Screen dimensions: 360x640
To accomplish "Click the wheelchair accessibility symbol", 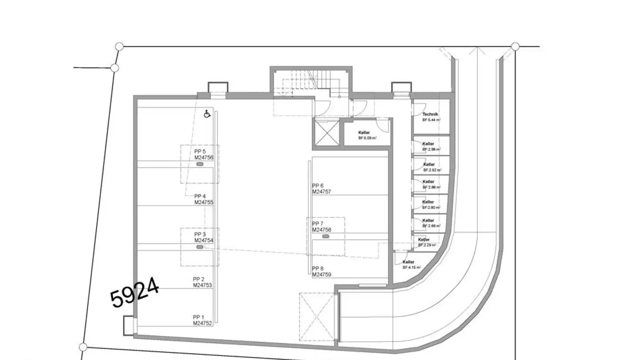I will pyautogui.click(x=207, y=114).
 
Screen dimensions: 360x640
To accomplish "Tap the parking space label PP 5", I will pyautogui.click(x=200, y=152).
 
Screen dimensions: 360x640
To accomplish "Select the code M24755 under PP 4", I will pyautogui.click(x=204, y=202).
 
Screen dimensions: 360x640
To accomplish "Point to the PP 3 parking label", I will pyautogui.click(x=200, y=234).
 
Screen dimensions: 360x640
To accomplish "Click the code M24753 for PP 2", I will pyautogui.click(x=203, y=285).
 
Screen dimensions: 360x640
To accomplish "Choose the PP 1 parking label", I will pyautogui.click(x=198, y=317).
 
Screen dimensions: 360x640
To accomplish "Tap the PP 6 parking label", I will pyautogui.click(x=318, y=186).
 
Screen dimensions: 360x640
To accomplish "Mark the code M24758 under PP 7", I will pyautogui.click(x=322, y=230).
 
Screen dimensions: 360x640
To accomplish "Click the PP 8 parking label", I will pyautogui.click(x=318, y=268).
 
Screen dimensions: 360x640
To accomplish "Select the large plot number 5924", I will pyautogui.click(x=135, y=292).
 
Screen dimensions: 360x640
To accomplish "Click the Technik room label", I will pyautogui.click(x=430, y=114).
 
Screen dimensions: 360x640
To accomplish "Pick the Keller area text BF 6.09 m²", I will pyautogui.click(x=368, y=138).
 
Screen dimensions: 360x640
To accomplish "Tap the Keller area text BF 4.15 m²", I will pyautogui.click(x=412, y=268).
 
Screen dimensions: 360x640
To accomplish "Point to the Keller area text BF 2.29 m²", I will pyautogui.click(x=427, y=245).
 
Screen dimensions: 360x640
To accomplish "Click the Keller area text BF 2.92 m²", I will pyautogui.click(x=432, y=170).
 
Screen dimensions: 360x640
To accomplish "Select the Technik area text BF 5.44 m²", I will pyautogui.click(x=431, y=120).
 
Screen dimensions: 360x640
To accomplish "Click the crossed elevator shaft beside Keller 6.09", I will pyautogui.click(x=326, y=132).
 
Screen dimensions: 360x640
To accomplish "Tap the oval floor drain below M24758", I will pyautogui.click(x=326, y=237).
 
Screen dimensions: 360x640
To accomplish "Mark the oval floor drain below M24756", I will pyautogui.click(x=200, y=164).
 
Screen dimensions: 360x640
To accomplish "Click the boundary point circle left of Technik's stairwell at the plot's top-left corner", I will pyautogui.click(x=119, y=46).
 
